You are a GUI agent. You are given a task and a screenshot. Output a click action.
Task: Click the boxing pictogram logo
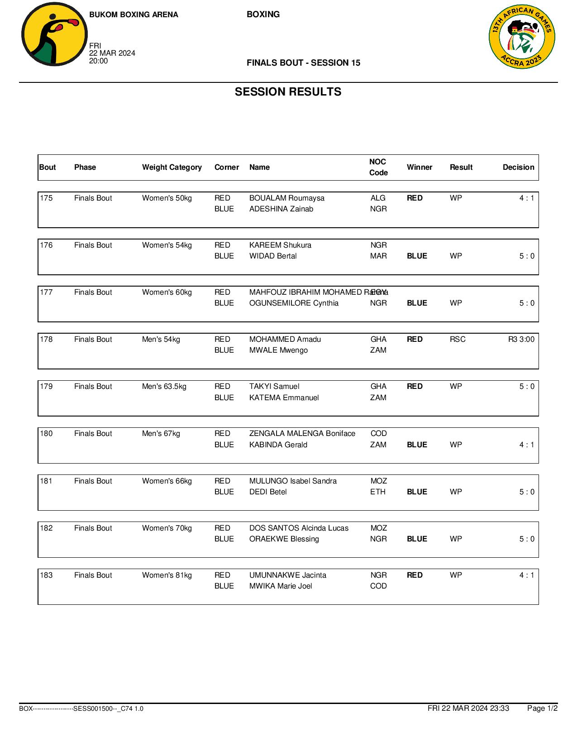(54, 34)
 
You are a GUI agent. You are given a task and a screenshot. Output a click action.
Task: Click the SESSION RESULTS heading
(288, 92)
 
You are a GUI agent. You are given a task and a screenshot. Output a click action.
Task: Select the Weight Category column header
(172, 168)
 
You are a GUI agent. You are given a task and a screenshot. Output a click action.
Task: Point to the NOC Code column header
(378, 168)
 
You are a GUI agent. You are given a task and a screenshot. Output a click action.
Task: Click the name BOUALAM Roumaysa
(286, 198)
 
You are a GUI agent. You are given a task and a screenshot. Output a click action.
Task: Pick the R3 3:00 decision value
(521, 340)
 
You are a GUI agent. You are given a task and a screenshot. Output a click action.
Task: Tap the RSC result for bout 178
(458, 340)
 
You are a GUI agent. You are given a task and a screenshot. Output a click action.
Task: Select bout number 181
(46, 481)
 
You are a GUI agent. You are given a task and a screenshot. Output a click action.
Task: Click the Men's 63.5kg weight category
(164, 387)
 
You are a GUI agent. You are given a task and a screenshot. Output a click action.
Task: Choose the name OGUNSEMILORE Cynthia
(294, 303)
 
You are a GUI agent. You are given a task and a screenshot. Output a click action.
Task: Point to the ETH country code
(378, 492)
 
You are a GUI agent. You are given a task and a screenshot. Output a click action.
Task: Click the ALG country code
(378, 198)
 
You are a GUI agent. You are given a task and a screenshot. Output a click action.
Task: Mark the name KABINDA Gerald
(278, 445)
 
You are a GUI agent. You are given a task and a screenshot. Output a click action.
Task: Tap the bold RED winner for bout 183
(415, 575)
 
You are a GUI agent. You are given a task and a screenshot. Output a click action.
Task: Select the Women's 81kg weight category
(167, 575)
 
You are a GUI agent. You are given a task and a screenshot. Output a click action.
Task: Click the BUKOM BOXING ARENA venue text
(134, 15)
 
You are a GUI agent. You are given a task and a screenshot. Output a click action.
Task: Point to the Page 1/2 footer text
(542, 709)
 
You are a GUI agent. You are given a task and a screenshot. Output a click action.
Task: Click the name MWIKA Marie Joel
(281, 586)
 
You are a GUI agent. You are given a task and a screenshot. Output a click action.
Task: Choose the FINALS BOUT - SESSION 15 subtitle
(303, 63)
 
